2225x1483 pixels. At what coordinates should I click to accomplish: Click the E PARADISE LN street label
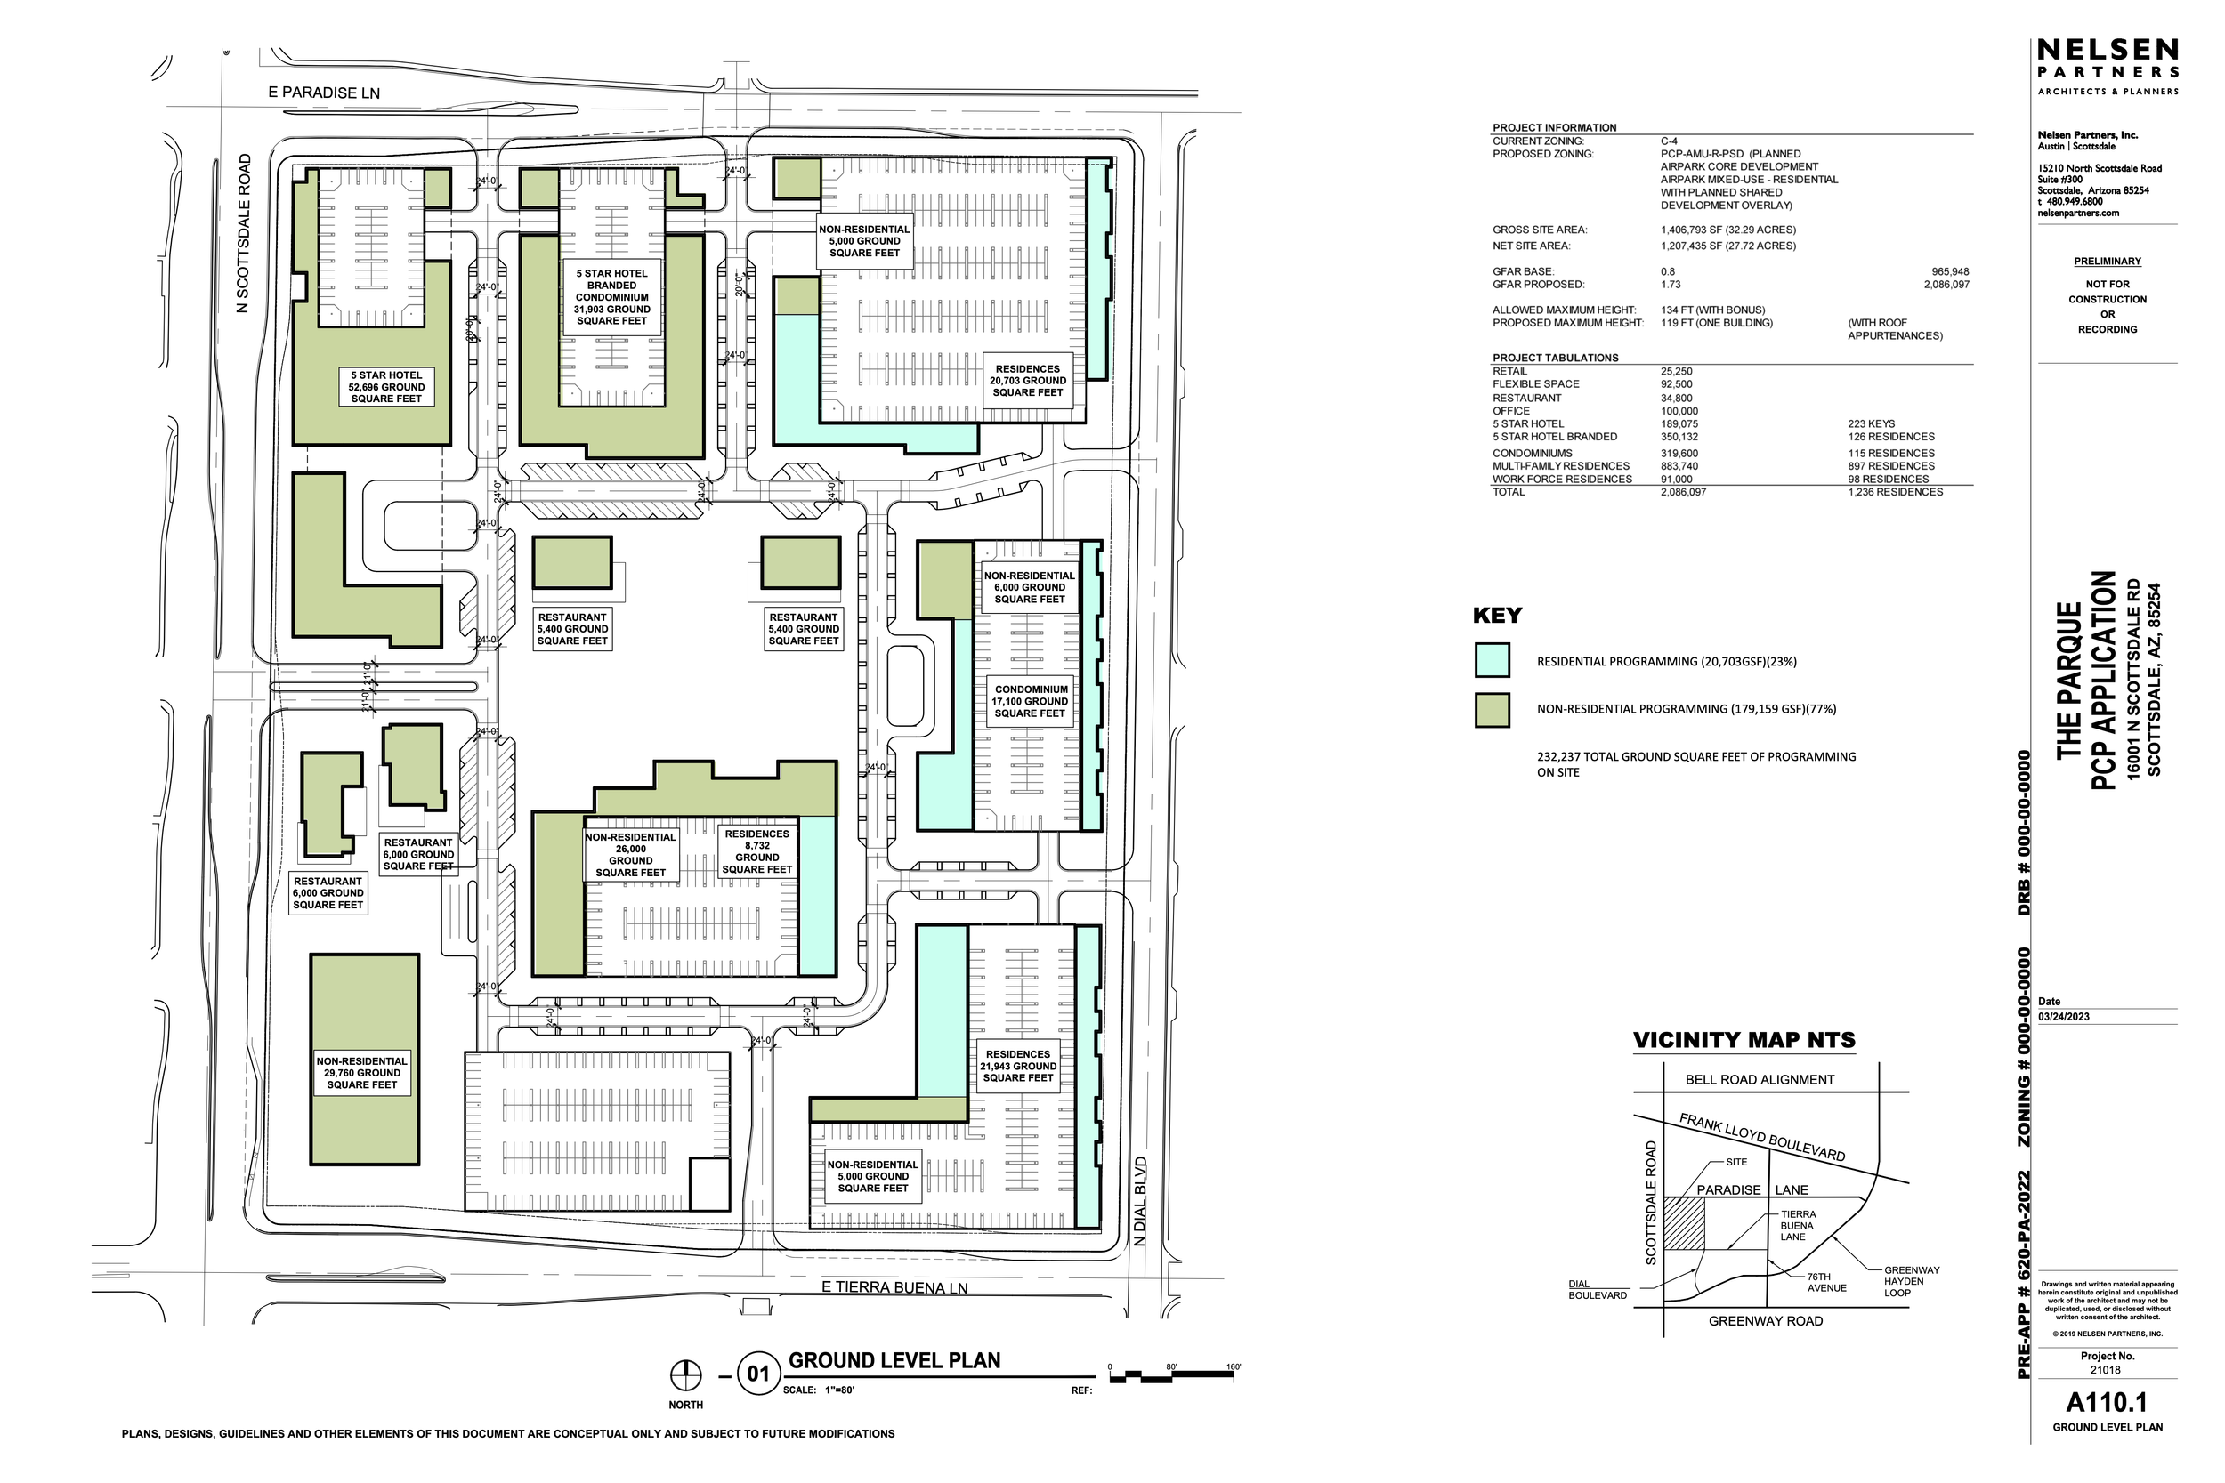[x=325, y=93]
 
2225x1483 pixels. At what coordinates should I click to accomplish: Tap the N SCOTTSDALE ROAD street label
[x=244, y=234]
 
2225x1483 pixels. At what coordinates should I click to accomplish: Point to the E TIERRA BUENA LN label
[x=894, y=1287]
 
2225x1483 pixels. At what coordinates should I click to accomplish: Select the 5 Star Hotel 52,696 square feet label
[x=387, y=387]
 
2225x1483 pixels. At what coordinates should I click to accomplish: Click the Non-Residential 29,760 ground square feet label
[x=362, y=1073]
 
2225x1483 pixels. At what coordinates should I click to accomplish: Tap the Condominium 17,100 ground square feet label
[x=1031, y=702]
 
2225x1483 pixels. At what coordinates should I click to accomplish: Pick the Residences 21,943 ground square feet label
[x=1018, y=1066]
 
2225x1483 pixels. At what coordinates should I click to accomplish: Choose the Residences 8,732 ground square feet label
[x=756, y=851]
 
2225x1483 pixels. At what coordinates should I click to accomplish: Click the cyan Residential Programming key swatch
[x=1492, y=660]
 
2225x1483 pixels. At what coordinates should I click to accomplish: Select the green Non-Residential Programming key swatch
[x=1492, y=709]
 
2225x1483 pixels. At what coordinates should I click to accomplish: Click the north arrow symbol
[x=686, y=1374]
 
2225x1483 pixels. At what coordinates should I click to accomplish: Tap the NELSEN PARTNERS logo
[x=2107, y=60]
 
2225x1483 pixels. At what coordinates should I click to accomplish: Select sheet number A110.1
[x=2107, y=1401]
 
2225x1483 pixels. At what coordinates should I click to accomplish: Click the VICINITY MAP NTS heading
[x=1744, y=1040]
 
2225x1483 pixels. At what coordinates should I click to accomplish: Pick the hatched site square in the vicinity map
[x=1684, y=1225]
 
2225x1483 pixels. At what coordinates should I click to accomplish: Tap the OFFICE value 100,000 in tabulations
[x=1679, y=411]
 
